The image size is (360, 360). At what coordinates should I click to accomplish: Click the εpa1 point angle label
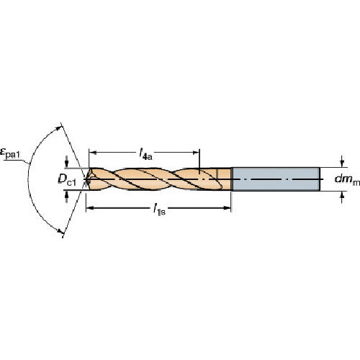pyautogui.click(x=10, y=153)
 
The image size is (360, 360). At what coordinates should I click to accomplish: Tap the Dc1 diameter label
pyautogui.click(x=67, y=180)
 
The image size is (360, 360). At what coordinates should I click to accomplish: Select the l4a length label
pyautogui.click(x=145, y=154)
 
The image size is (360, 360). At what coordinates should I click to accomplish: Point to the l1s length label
pyautogui.click(x=159, y=210)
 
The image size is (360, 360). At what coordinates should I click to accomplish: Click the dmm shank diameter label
pyautogui.click(x=347, y=180)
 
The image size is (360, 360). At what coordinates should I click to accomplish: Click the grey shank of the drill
pyautogui.click(x=276, y=179)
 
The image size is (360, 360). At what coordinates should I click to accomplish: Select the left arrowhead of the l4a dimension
pyautogui.click(x=93, y=153)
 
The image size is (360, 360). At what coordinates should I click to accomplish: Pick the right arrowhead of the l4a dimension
pyautogui.click(x=196, y=153)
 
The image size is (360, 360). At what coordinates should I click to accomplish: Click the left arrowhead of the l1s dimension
pyautogui.click(x=90, y=208)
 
